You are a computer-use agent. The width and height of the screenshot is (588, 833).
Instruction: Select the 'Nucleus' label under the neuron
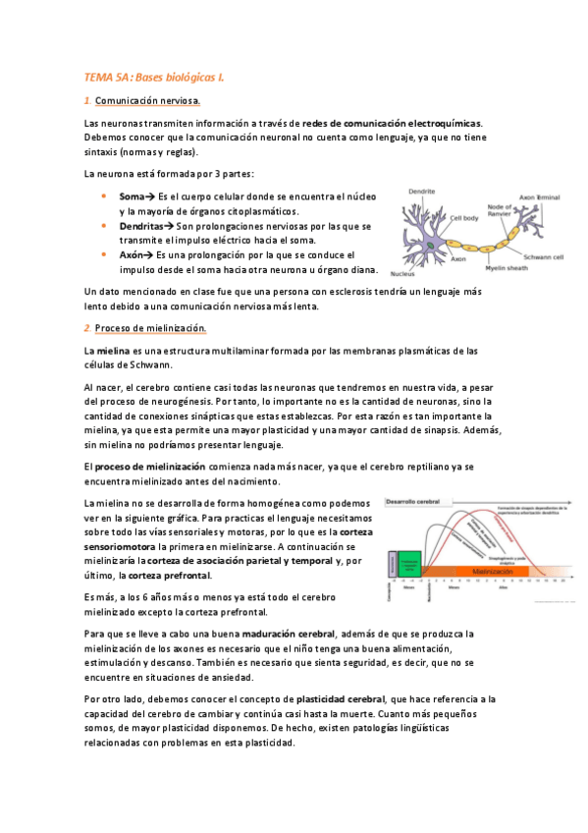(x=402, y=273)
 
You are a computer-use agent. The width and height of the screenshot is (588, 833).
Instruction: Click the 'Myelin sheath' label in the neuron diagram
(x=507, y=265)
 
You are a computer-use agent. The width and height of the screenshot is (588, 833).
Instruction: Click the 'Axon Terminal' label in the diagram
(x=539, y=197)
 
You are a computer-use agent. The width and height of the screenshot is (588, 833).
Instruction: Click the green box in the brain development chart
(x=409, y=564)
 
